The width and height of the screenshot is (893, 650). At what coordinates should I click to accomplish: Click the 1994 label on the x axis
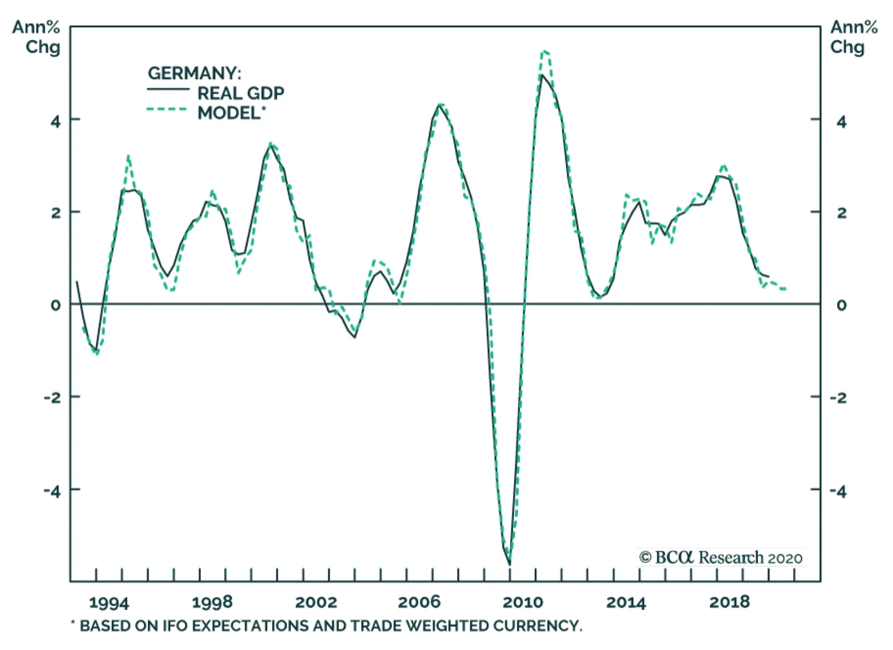(109, 603)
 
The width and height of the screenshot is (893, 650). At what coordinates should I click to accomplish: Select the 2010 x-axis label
(522, 603)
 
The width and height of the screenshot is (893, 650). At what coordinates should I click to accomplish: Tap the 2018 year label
(729, 603)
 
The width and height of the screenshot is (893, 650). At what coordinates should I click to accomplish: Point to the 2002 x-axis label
(316, 603)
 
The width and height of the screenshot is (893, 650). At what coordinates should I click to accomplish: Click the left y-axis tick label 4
(55, 121)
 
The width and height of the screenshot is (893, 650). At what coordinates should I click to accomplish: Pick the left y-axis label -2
(52, 398)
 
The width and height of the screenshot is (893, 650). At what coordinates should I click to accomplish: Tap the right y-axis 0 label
(841, 305)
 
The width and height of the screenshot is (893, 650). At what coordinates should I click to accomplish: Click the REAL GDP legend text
(241, 93)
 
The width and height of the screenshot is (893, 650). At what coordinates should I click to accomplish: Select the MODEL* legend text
(231, 113)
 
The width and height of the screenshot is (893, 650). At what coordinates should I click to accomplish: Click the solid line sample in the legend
(168, 90)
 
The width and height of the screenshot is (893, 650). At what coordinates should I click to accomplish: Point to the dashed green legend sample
(167, 109)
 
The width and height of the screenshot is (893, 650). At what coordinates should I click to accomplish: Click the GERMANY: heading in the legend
(194, 73)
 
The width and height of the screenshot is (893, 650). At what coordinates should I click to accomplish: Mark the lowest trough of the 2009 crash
(509, 564)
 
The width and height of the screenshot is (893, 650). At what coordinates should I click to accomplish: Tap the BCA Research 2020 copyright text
(721, 557)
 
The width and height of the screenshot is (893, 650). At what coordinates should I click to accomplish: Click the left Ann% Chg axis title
(36, 37)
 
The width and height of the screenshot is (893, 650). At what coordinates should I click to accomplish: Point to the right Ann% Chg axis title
(853, 37)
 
